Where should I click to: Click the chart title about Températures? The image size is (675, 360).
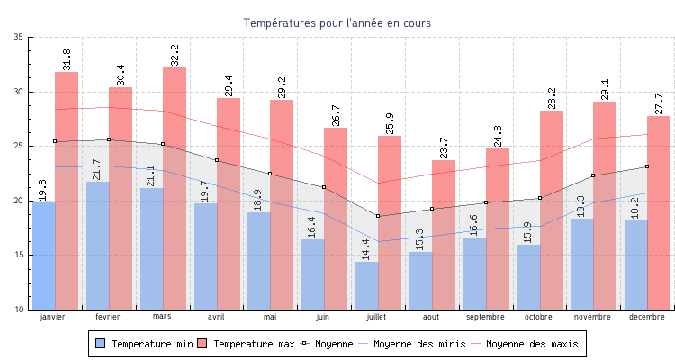coord(337,22)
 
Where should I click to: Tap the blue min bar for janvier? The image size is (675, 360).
coord(43,256)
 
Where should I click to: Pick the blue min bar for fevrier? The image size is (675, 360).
coord(97,247)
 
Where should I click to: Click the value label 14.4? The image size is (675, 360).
coord(366,249)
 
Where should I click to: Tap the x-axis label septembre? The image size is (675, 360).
coord(485,317)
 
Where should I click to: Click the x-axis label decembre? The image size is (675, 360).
coord(647,317)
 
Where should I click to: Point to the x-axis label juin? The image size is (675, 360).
coord(323,317)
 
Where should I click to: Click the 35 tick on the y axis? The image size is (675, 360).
coord(19,37)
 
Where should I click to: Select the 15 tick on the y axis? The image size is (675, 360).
coord(19,255)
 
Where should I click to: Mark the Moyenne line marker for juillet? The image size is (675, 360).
coord(378,216)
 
